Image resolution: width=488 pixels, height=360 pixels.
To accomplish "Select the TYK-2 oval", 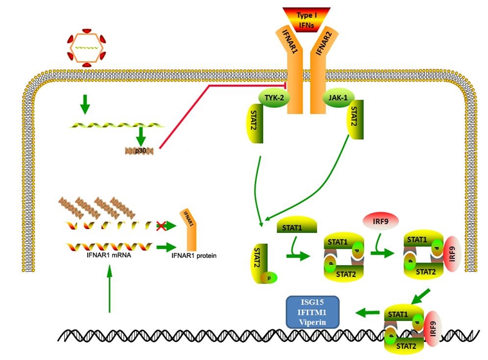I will (272, 97).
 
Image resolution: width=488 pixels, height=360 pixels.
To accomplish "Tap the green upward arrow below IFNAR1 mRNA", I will (110, 289).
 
